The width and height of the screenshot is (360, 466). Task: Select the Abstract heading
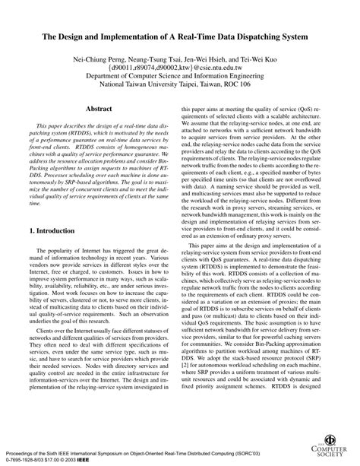tap(99, 110)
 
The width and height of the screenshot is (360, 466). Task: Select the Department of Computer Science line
tap(179, 77)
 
